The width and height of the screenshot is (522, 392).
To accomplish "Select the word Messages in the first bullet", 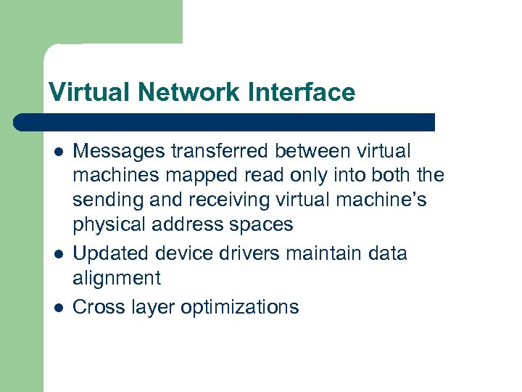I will (120, 152).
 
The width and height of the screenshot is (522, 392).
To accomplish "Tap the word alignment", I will (117, 278).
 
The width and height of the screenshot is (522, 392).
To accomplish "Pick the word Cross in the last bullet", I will (98, 307).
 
